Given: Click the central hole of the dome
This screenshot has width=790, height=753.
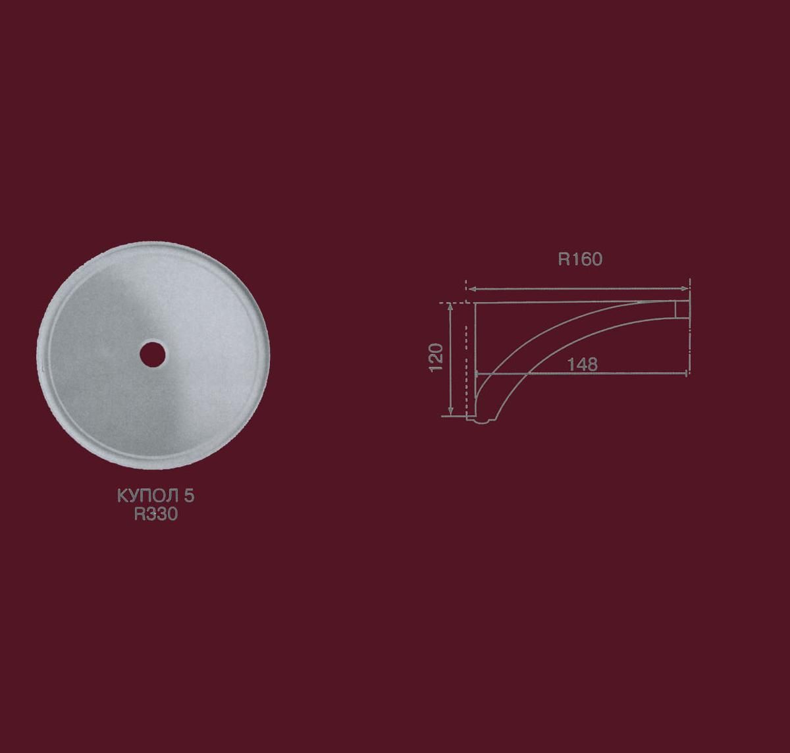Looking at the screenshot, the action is click(x=153, y=354).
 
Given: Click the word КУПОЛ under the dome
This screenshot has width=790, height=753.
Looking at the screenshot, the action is click(x=148, y=496).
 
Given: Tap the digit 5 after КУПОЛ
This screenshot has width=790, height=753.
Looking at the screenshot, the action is click(x=189, y=496).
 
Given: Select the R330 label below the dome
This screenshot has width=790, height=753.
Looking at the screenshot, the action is click(x=156, y=514).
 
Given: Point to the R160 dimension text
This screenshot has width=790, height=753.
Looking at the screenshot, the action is click(x=580, y=259).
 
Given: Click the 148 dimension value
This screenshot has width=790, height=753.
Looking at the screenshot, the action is click(x=582, y=365).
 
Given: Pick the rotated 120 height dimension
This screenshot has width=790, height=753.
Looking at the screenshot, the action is click(x=436, y=357).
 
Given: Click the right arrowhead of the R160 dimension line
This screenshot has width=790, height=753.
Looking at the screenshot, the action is click(x=685, y=288).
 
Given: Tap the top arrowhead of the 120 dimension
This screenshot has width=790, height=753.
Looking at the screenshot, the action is click(x=450, y=307).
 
